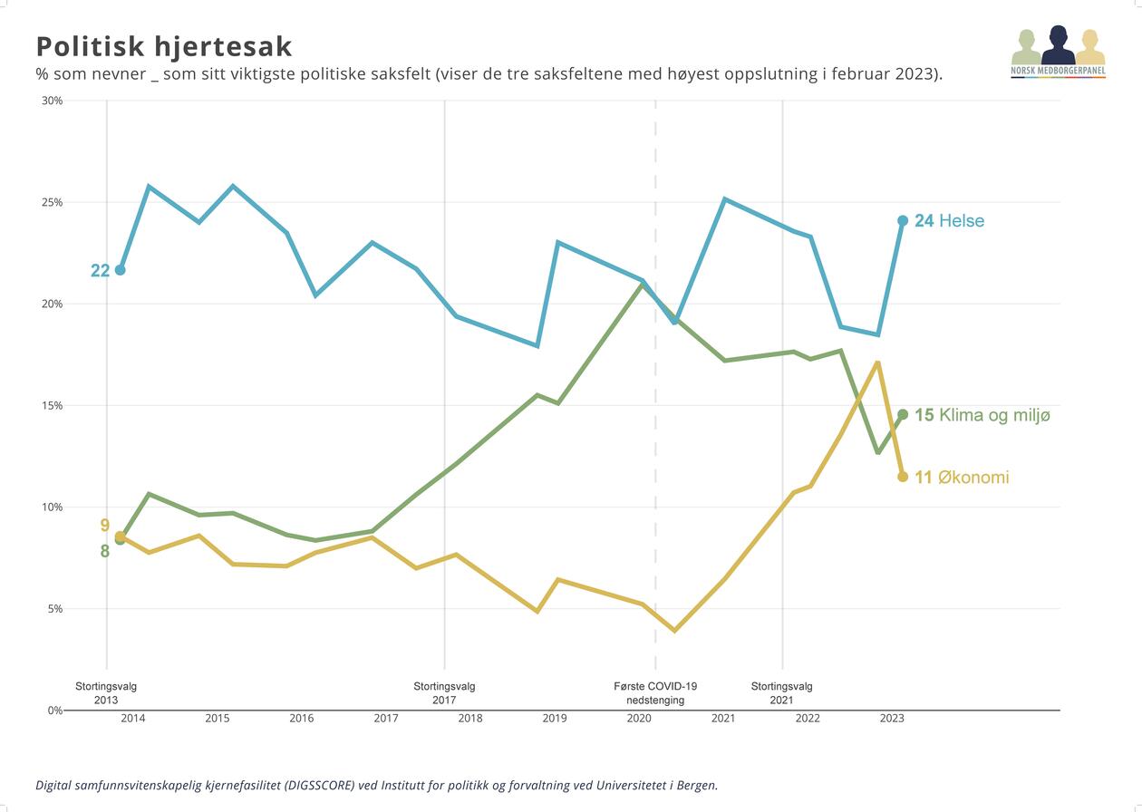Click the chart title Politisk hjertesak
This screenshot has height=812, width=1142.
click(164, 46)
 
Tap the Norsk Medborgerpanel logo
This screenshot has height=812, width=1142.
click(1058, 53)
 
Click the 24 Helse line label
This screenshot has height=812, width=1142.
click(949, 221)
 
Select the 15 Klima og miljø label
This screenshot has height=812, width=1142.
click(982, 415)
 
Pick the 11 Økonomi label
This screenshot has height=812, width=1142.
click(962, 478)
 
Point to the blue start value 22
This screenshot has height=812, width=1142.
click(100, 270)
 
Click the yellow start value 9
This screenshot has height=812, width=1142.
click(105, 526)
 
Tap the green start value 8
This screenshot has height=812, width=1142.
click(105, 551)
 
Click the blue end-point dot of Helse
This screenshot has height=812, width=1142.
click(903, 220)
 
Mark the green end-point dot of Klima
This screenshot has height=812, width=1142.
click(903, 414)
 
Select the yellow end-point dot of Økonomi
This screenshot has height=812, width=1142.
click(903, 477)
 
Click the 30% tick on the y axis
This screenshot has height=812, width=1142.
click(53, 101)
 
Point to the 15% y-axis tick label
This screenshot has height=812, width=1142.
click(53, 406)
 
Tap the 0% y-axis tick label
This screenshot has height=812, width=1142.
click(55, 710)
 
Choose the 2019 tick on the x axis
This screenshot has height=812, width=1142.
click(555, 719)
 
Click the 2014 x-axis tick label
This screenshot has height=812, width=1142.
click(133, 719)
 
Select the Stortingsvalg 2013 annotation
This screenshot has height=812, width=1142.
click(106, 693)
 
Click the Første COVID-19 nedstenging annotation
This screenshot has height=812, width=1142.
click(655, 693)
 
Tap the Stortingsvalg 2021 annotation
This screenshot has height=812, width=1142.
click(782, 693)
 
